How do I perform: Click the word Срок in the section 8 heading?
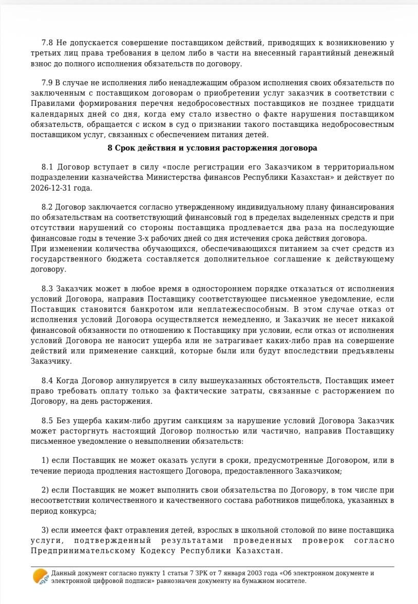126,148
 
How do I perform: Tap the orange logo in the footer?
41,577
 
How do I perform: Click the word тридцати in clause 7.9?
377,103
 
